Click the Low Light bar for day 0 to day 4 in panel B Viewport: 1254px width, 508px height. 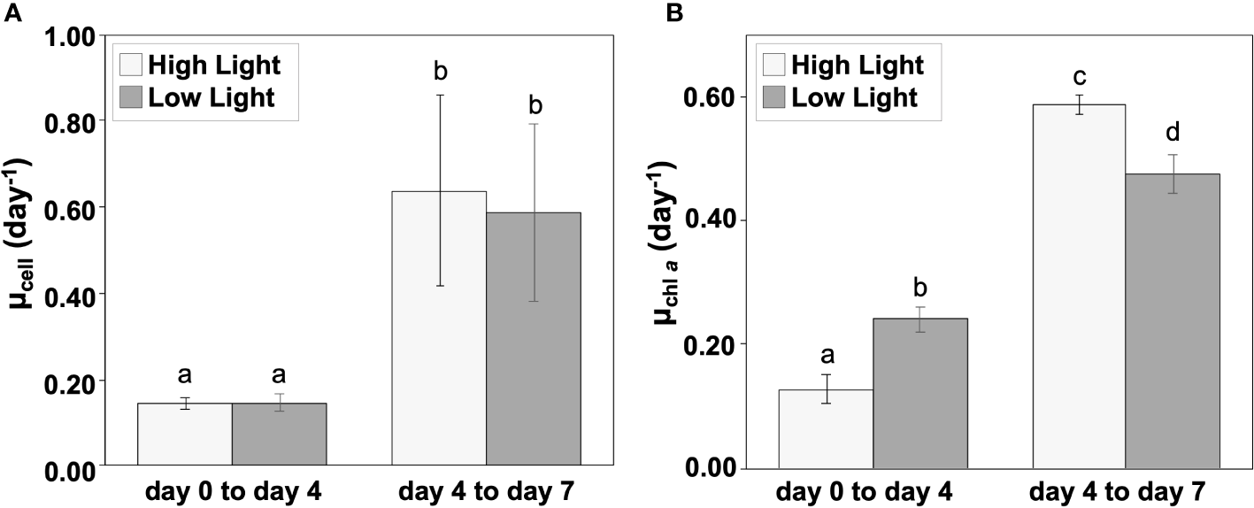pos(920,393)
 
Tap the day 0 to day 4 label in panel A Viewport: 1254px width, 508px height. pos(231,491)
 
